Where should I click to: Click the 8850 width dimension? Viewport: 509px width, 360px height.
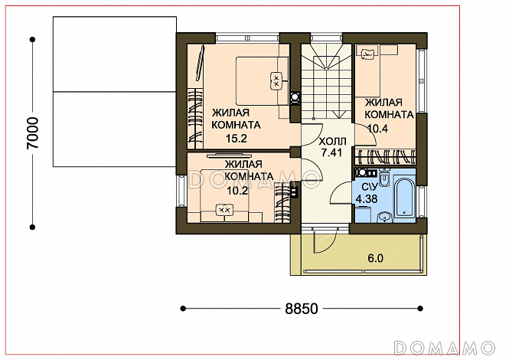(302, 309)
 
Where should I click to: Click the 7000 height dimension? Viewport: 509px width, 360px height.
(33, 133)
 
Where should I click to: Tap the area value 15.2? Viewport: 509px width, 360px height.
(237, 139)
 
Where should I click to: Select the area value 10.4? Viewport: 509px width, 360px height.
(377, 129)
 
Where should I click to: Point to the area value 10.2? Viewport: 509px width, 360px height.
(237, 191)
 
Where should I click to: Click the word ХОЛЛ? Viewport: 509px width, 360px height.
(332, 142)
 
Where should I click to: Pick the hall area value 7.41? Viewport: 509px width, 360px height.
(331, 152)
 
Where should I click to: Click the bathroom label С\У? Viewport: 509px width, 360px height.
(369, 187)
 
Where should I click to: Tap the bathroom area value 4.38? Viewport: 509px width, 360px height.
(367, 198)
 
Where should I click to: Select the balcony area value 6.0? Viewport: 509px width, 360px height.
(375, 258)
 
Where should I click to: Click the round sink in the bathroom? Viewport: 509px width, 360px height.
(385, 217)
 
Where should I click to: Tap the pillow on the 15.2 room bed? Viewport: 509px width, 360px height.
(276, 80)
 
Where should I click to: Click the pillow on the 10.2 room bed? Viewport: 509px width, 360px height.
(224, 210)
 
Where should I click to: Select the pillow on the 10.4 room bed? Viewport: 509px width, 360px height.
(367, 52)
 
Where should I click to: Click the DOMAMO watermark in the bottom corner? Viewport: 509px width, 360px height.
(444, 348)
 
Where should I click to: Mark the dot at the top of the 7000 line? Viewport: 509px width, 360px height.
(32, 40)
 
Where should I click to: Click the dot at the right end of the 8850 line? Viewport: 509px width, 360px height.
(420, 309)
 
